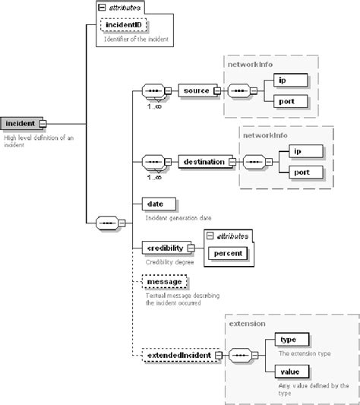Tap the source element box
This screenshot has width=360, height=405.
195,91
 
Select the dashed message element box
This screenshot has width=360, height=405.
163,282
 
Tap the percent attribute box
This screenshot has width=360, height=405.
229,252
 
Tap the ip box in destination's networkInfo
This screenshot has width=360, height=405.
303,150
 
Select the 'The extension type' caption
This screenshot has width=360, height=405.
304,353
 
